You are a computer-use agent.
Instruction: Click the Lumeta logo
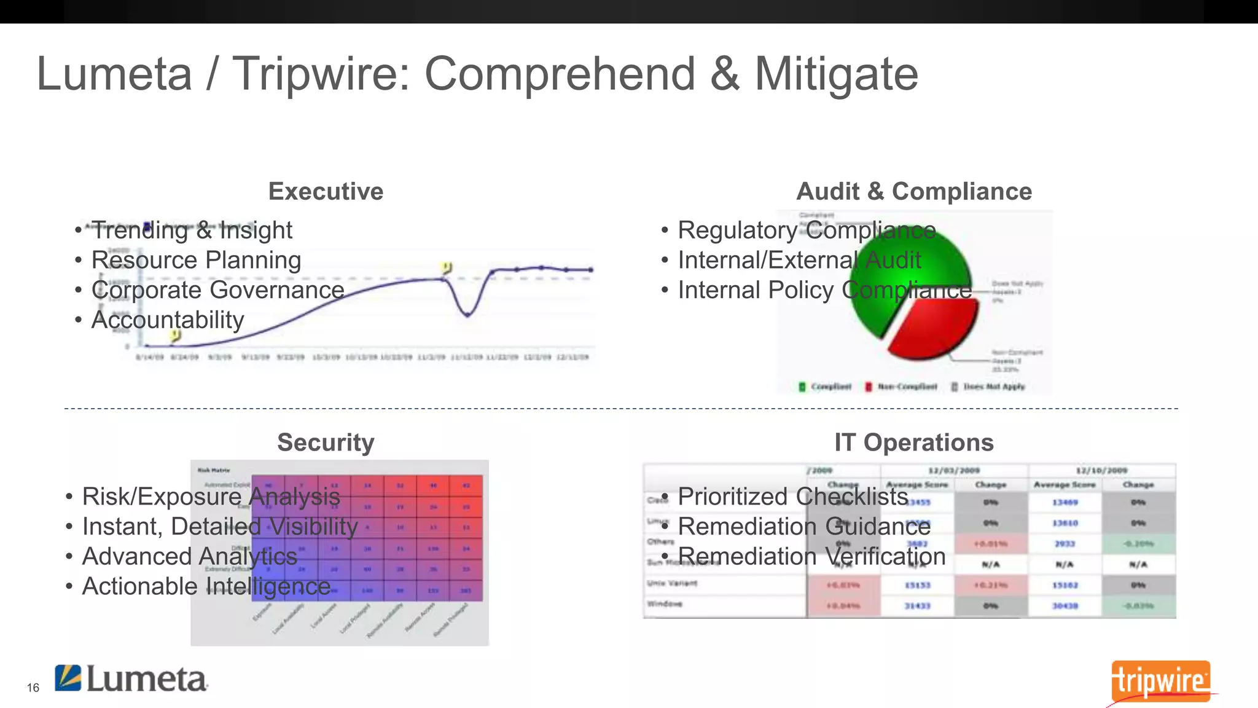point(131,678)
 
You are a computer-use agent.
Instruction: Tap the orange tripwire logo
point(1160,681)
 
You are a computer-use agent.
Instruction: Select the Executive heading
point(326,191)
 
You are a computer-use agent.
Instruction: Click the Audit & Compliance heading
point(913,191)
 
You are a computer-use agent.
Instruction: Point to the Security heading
point(326,442)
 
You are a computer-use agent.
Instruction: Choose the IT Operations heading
point(913,442)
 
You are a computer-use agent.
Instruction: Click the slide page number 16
point(33,688)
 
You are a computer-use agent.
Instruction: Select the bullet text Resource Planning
point(196,260)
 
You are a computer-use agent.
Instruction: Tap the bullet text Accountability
point(168,320)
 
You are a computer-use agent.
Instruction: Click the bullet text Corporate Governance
point(217,289)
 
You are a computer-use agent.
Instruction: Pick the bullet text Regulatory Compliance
point(807,230)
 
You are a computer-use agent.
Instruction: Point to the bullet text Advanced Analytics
point(189,556)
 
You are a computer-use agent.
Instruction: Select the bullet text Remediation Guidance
point(804,526)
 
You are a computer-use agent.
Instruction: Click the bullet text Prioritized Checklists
point(792,496)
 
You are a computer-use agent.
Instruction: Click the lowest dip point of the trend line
point(468,315)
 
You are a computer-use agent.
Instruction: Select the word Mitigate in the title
point(835,74)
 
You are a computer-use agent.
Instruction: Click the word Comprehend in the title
point(560,74)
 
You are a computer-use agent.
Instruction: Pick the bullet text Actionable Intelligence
point(206,586)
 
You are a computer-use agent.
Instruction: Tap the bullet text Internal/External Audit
point(799,260)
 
